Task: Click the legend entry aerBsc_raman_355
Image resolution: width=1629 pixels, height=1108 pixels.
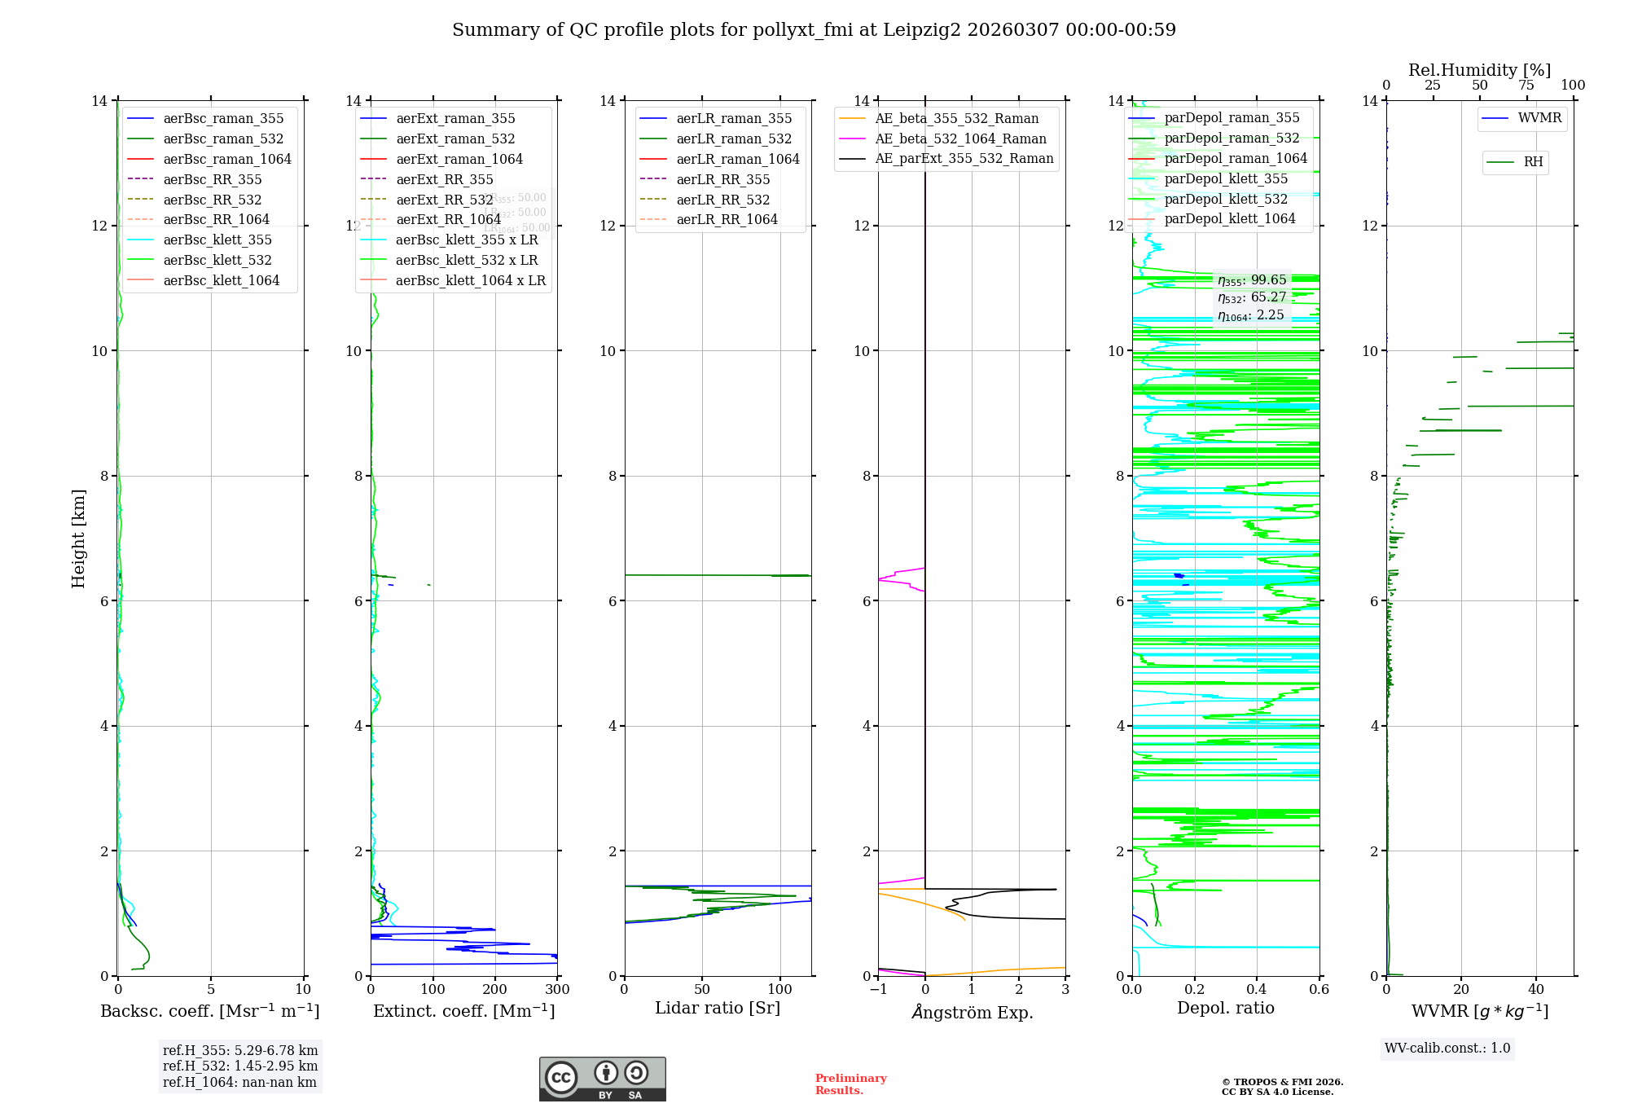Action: click(x=223, y=119)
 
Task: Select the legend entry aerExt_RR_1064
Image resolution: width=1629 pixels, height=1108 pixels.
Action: click(x=448, y=220)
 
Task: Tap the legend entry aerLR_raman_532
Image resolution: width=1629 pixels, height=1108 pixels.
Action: click(x=734, y=139)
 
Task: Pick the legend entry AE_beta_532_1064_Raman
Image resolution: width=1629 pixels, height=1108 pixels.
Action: click(x=960, y=139)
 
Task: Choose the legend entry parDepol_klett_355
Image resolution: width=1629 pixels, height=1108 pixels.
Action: click(x=1226, y=179)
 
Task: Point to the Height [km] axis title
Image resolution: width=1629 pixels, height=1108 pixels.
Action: click(x=78, y=539)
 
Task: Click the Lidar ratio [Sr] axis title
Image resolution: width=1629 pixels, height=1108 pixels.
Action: click(x=718, y=1009)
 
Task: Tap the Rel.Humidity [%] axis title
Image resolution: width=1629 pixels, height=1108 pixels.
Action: click(x=1479, y=70)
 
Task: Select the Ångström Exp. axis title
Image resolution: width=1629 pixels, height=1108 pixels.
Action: click(x=972, y=1013)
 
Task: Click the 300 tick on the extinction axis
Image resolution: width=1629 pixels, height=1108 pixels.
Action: click(x=557, y=990)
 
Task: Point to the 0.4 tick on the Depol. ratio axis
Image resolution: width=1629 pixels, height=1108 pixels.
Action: click(x=1257, y=990)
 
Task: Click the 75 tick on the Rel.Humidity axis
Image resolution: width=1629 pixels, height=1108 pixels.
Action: click(x=1526, y=86)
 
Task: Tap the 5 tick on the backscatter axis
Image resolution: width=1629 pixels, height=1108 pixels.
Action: click(x=211, y=990)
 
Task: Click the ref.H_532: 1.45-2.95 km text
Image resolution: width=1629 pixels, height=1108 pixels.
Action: click(x=240, y=1066)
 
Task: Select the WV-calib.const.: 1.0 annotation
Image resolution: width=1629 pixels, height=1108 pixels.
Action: click(x=1447, y=1049)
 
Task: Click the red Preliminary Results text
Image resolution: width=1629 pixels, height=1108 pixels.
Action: click(x=850, y=1084)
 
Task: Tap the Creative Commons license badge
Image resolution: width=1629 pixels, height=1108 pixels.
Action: click(x=602, y=1079)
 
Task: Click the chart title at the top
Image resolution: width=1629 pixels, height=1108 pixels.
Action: click(x=814, y=30)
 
